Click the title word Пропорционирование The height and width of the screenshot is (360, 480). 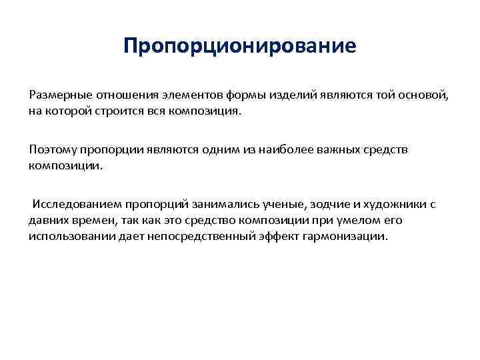[x=240, y=47]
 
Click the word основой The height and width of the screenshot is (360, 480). [x=426, y=95]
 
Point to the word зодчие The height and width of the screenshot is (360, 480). [x=325, y=204]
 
